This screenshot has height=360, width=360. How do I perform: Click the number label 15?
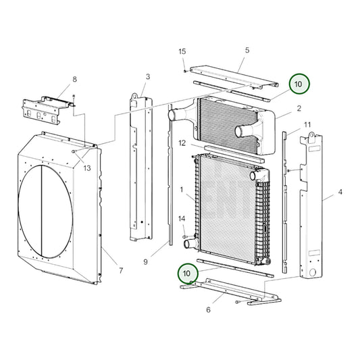click(x=182, y=52)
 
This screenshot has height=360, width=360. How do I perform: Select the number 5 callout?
click(x=247, y=50)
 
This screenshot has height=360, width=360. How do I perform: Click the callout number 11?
click(x=307, y=125)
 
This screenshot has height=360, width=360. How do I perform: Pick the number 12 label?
click(x=182, y=143)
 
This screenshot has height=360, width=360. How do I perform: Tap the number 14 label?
click(x=181, y=218)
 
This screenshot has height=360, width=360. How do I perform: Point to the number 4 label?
click(x=340, y=192)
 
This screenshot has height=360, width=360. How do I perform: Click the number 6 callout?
click(x=208, y=309)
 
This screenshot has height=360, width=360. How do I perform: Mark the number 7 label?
click(x=120, y=271)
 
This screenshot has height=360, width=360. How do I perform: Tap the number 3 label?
click(x=147, y=76)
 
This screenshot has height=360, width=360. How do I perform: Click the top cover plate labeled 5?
click(x=233, y=76)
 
